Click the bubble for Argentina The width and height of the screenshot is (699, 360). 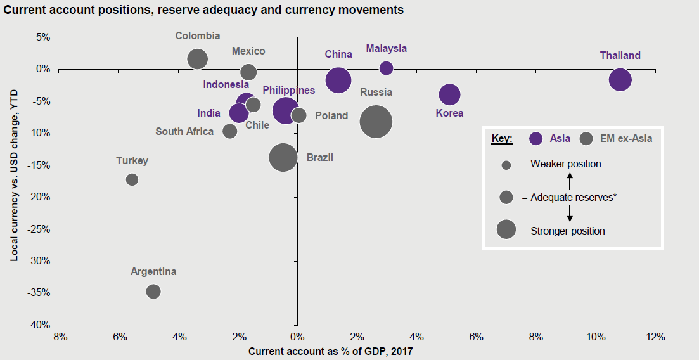coord(153,292)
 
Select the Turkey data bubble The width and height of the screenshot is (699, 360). coord(132,179)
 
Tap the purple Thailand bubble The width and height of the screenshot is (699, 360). coord(620,80)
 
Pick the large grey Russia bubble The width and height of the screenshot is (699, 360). coord(376,121)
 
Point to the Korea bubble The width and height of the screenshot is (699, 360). coord(449,94)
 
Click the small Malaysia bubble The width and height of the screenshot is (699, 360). coord(386,68)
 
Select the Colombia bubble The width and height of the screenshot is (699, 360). coord(198,59)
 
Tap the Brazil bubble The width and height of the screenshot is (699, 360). coord(283,157)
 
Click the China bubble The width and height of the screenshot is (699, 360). coord(338,80)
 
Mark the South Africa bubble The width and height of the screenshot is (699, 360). coord(230,131)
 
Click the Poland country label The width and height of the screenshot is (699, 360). coord(331,115)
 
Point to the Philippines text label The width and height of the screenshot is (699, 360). coord(288,91)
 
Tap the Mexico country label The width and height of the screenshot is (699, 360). coord(248,51)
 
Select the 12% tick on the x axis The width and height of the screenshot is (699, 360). coord(655,337)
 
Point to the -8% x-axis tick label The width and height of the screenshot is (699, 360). coord(58,337)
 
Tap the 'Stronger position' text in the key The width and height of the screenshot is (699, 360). coord(567,231)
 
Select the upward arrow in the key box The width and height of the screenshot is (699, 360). coord(569,182)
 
